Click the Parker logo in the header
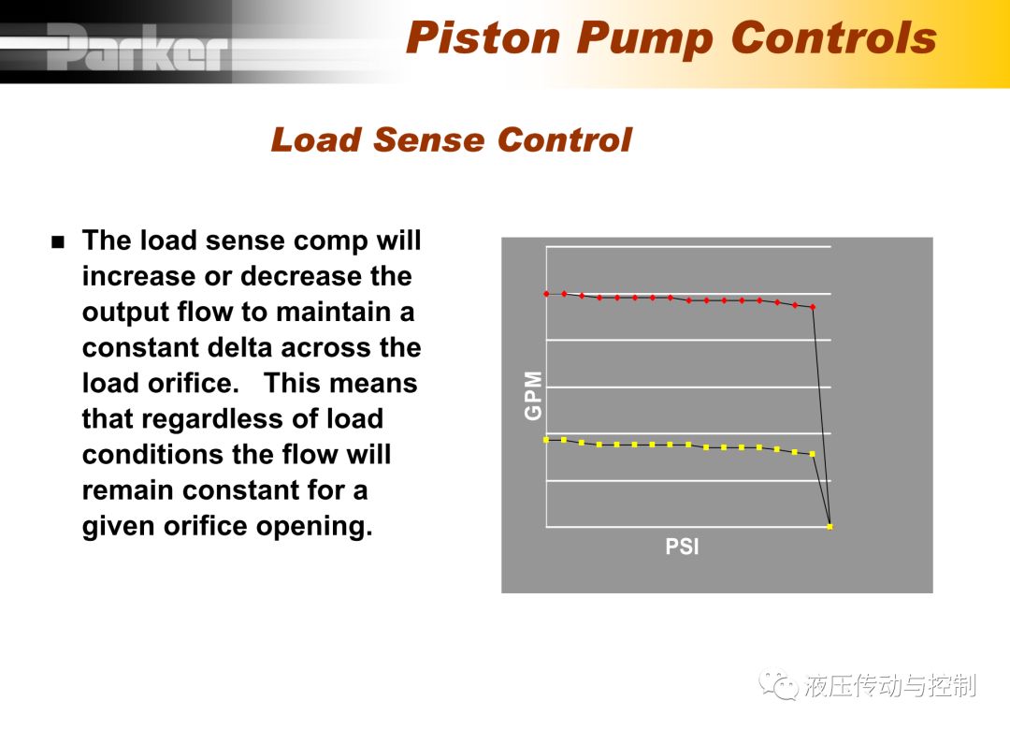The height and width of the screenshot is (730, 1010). [x=137, y=47]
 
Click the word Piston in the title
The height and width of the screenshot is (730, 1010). [x=483, y=37]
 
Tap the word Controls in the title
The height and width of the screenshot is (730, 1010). [x=833, y=37]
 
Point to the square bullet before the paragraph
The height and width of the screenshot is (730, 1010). [x=59, y=242]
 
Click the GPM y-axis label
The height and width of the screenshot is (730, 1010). [x=533, y=395]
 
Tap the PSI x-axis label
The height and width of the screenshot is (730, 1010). [x=682, y=547]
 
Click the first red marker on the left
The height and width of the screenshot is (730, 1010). [x=546, y=294]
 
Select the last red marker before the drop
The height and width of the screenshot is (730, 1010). [x=813, y=307]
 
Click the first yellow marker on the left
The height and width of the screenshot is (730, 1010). [x=546, y=440]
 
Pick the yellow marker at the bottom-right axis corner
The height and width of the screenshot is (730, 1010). [x=830, y=527]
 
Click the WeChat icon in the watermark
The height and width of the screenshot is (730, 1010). [x=779, y=685]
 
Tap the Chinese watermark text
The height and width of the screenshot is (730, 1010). [x=890, y=685]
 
